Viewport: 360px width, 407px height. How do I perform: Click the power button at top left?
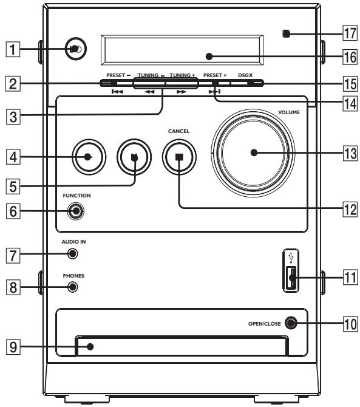75,49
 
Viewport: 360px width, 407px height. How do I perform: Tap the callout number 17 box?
350,33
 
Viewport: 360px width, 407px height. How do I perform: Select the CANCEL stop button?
179,157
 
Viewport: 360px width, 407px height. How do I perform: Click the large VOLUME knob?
253,153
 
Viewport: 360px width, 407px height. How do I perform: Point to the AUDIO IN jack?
73,253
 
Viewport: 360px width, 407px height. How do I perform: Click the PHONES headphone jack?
73,287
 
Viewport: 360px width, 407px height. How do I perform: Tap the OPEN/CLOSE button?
291,323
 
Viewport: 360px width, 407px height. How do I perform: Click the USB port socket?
291,278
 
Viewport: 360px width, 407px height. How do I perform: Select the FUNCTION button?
76,211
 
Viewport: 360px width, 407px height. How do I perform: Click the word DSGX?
245,75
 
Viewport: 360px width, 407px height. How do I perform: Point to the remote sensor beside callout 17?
286,34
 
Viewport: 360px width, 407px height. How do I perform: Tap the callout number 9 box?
13,347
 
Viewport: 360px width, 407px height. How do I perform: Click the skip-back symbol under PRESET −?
117,92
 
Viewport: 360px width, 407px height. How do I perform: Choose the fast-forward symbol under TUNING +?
182,92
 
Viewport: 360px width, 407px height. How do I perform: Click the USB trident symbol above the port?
291,258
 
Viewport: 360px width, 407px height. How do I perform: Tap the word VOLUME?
289,112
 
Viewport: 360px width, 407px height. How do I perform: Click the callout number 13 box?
350,153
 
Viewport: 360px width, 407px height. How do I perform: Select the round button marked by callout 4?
89,157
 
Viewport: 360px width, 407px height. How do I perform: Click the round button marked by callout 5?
134,157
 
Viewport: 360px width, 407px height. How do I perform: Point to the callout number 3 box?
13,117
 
